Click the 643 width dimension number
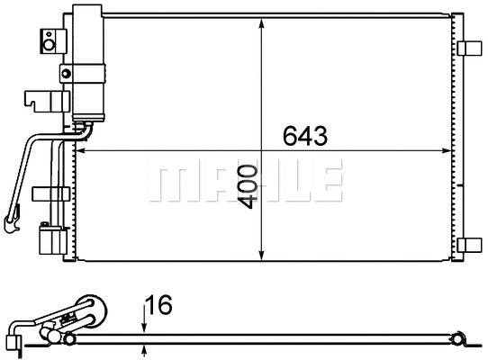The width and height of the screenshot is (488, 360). (303, 136)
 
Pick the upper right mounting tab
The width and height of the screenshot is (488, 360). (470, 48)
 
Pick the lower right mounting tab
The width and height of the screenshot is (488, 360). (470, 245)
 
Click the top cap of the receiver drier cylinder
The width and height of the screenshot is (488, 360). (90, 10)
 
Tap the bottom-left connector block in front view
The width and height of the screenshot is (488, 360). (50, 241)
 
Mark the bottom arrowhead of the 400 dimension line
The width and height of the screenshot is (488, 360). (262, 254)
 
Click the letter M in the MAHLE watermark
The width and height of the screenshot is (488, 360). (165, 182)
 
